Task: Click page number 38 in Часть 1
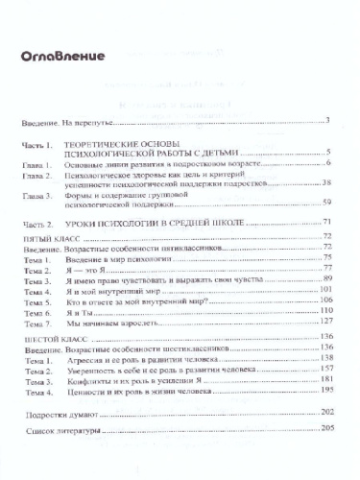tap(326, 182)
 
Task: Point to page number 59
tap(326, 203)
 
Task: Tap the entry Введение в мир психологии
tap(123, 259)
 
